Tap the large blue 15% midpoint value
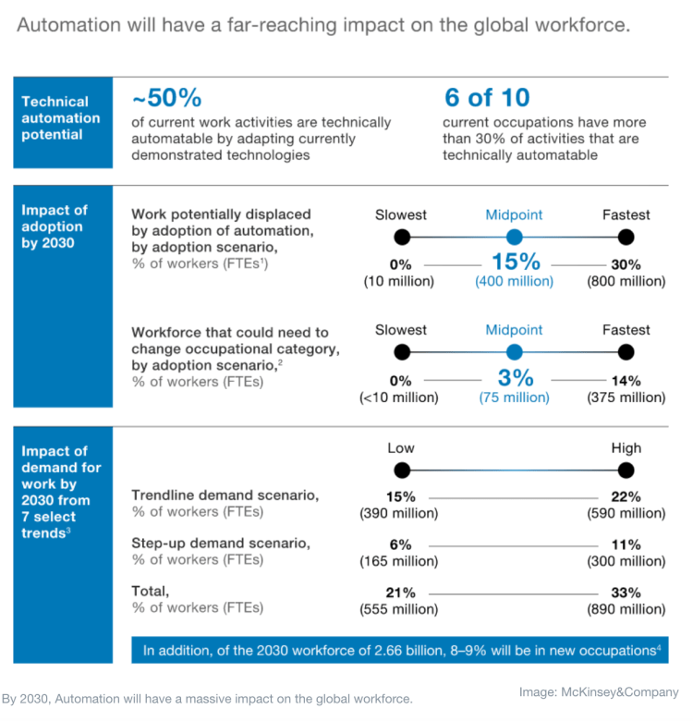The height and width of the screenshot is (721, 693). (515, 262)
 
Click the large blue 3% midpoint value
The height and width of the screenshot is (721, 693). (515, 378)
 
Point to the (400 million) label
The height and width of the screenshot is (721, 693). (515, 282)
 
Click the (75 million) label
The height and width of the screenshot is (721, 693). (515, 397)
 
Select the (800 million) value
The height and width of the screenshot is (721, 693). (626, 282)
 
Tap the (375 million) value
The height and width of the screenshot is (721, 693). (626, 397)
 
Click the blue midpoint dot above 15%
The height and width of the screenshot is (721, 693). (515, 237)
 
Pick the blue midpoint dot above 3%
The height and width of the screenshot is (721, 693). (515, 352)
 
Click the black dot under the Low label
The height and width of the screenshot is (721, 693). (401, 470)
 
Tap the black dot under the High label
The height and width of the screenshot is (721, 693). (626, 470)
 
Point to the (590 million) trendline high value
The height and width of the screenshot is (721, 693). (626, 513)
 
